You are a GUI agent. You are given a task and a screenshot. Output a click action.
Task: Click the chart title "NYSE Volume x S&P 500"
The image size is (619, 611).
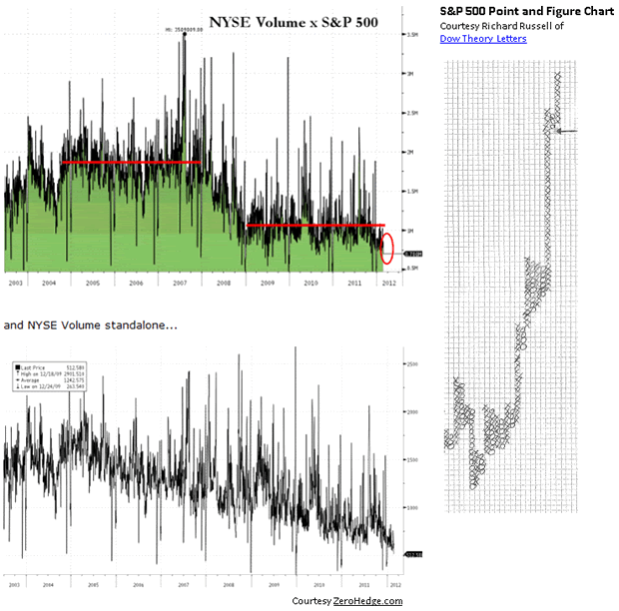(294, 21)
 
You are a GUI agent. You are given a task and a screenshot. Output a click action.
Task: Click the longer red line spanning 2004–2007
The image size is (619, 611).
(130, 162)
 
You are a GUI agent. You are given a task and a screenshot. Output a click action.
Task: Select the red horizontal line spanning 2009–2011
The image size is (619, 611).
(314, 226)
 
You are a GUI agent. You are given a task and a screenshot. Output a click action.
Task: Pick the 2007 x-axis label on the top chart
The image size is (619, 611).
(180, 284)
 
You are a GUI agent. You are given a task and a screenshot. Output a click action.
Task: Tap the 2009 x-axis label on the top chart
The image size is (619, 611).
(267, 284)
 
